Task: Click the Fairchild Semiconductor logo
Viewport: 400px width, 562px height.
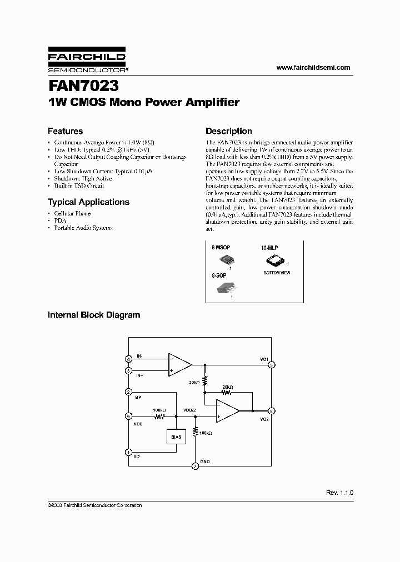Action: (87, 63)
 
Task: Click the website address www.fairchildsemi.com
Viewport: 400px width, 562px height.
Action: (313, 68)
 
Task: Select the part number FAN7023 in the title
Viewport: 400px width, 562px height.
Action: (83, 88)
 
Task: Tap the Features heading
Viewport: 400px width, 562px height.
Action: (65, 131)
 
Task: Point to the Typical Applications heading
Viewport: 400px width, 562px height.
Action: (88, 202)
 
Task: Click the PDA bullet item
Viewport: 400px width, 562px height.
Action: (59, 220)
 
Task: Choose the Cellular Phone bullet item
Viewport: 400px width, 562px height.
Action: (72, 213)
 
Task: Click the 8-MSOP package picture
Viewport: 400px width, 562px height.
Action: (227, 259)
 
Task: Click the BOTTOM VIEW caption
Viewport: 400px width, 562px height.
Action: (277, 273)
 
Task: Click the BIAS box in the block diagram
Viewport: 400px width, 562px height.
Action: (176, 437)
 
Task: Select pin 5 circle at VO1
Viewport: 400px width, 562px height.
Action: (272, 365)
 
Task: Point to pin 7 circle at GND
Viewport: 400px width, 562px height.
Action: (194, 466)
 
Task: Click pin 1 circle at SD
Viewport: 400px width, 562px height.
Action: (128, 453)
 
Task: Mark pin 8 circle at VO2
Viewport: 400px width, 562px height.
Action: (272, 410)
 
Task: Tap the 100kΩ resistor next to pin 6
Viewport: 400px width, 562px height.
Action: (160, 416)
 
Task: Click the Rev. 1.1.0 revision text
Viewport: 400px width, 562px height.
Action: (339, 493)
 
